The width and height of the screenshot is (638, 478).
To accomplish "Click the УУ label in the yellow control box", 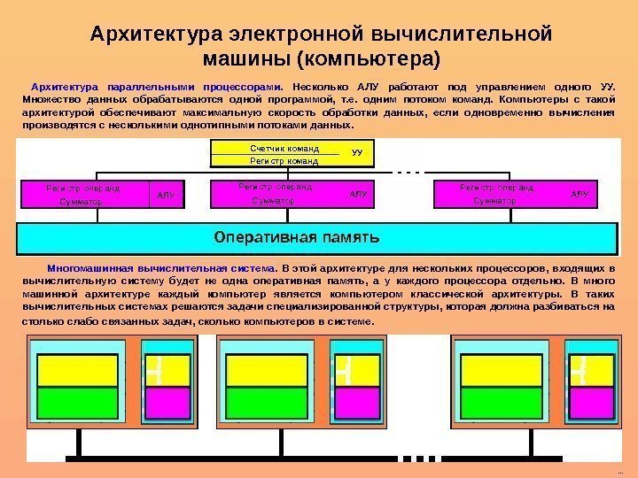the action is (358, 153).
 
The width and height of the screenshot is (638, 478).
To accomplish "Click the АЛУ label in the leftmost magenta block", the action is (165, 194).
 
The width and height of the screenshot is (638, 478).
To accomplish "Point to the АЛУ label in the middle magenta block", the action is (358, 193).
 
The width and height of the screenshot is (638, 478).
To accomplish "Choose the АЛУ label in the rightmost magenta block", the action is (580, 193).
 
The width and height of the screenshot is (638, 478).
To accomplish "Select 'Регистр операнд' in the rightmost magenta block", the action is (497, 188).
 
